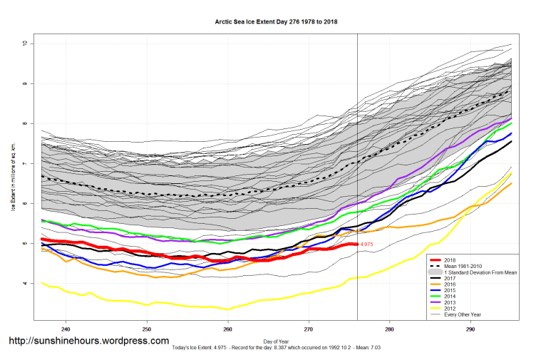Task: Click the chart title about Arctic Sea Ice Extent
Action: point(276,21)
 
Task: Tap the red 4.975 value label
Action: point(366,245)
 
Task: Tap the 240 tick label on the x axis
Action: point(66,330)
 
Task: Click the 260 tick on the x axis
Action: point(227,330)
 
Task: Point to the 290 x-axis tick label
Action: point(470,330)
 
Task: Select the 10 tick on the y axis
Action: point(24,43)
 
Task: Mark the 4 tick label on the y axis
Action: point(24,284)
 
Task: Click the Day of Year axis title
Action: point(276,341)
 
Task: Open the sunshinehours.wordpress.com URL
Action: point(88,341)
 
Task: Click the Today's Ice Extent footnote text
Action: point(276,348)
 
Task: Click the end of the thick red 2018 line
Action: point(356,245)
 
